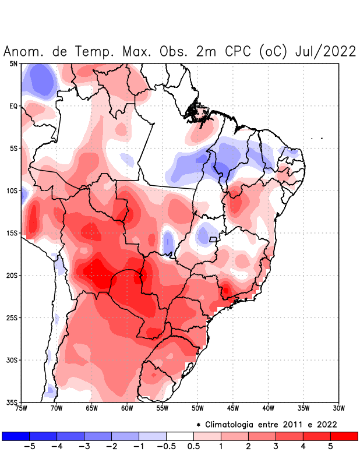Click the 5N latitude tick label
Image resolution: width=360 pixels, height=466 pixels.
pyautogui.click(x=13, y=63)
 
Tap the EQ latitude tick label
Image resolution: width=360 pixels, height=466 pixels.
pyautogui.click(x=13, y=106)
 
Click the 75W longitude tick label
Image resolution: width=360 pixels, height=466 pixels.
pyautogui.click(x=22, y=408)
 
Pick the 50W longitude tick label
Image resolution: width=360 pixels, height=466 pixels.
pyautogui.click(x=197, y=408)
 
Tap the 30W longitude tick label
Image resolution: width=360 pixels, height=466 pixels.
pyautogui.click(x=338, y=408)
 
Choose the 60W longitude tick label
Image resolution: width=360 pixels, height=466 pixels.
pyautogui.click(x=127, y=408)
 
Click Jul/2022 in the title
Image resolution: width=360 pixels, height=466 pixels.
pyautogui.click(x=326, y=51)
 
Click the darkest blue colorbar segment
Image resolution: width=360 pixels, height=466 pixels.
pyautogui.click(x=16, y=436)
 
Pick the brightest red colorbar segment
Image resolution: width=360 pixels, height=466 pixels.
pyautogui.click(x=344, y=436)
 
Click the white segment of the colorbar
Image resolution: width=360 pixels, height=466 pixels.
pyautogui.click(x=180, y=436)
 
